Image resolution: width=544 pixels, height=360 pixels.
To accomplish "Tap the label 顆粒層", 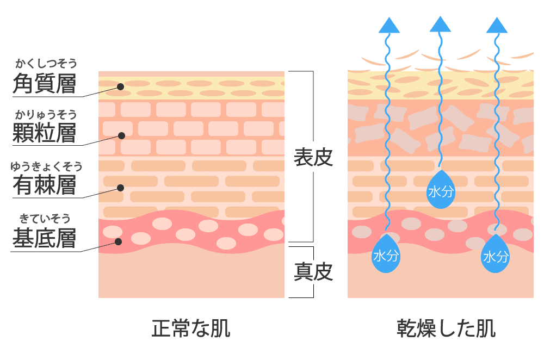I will pyautogui.click(x=45, y=132).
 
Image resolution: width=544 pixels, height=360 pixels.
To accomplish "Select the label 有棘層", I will pyautogui.click(x=45, y=185).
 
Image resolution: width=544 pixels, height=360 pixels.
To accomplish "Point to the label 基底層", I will pyautogui.click(x=45, y=238).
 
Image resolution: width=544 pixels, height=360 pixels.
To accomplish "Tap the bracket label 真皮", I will pyautogui.click(x=313, y=271).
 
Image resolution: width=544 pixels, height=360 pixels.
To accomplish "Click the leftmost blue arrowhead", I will pyautogui.click(x=389, y=25).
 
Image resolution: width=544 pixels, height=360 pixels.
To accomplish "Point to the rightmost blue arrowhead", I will pyautogui.click(x=497, y=25).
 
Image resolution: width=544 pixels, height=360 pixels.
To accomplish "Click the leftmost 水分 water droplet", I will pyautogui.click(x=386, y=254).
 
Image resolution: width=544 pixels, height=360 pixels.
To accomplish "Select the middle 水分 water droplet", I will pyautogui.click(x=440, y=190).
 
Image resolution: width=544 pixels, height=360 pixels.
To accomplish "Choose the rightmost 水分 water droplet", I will pyautogui.click(x=496, y=254).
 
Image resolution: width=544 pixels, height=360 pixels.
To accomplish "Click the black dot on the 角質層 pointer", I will pyautogui.click(x=120, y=86).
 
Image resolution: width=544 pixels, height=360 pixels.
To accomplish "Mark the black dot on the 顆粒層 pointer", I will pyautogui.click(x=122, y=135).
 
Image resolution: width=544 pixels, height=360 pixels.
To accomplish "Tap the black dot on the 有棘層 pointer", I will pyautogui.click(x=120, y=188).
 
